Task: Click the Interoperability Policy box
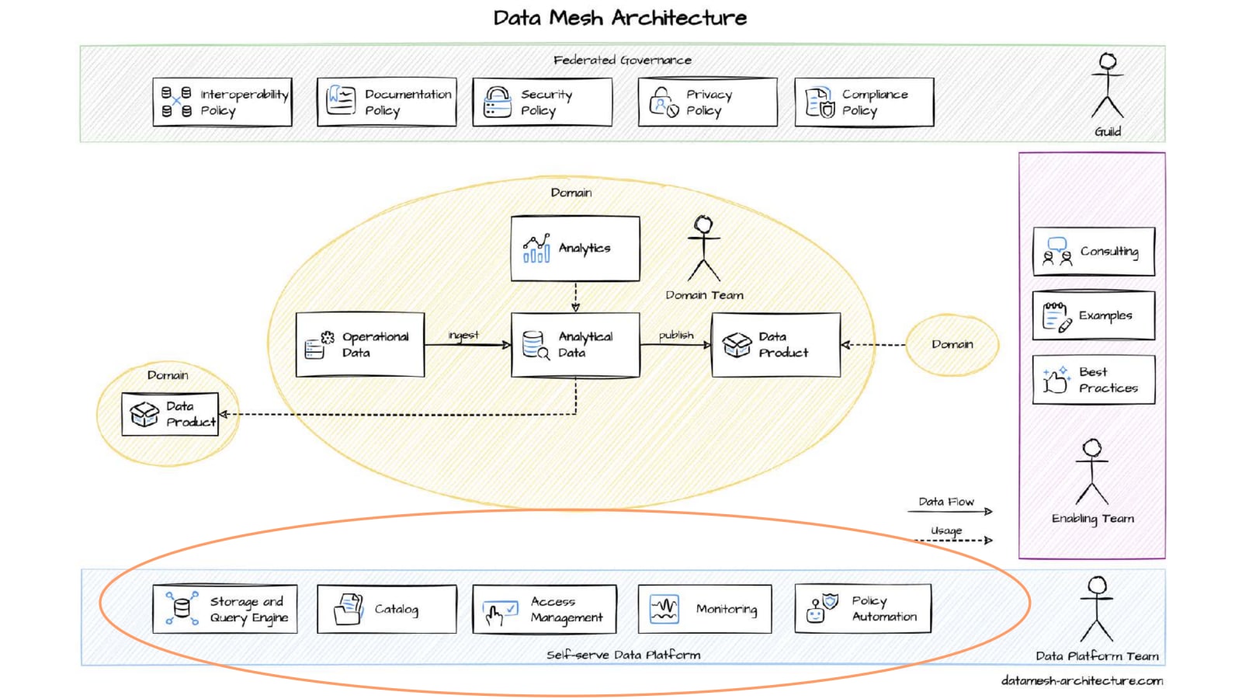pyautogui.click(x=223, y=102)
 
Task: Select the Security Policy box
pyautogui.click(x=543, y=102)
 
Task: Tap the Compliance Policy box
pyautogui.click(x=864, y=102)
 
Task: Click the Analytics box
pyautogui.click(x=575, y=249)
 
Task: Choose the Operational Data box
pyautogui.click(x=360, y=345)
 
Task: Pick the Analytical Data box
pyautogui.click(x=575, y=345)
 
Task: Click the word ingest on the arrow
pyautogui.click(x=463, y=335)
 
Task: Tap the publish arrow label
pyautogui.click(x=676, y=335)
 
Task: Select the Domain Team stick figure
pyautogui.click(x=704, y=249)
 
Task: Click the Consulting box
pyautogui.click(x=1094, y=252)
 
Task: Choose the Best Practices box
pyautogui.click(x=1094, y=380)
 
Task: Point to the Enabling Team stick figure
pyautogui.click(x=1092, y=471)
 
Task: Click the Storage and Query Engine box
pyautogui.click(x=225, y=609)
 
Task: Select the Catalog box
pyautogui.click(x=387, y=609)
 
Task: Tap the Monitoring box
pyautogui.click(x=705, y=609)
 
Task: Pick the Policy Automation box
pyautogui.click(x=863, y=609)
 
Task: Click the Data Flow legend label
pyautogui.click(x=946, y=502)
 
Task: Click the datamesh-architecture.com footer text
pyautogui.click(x=1082, y=680)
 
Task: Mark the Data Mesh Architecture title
pyautogui.click(x=620, y=18)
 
